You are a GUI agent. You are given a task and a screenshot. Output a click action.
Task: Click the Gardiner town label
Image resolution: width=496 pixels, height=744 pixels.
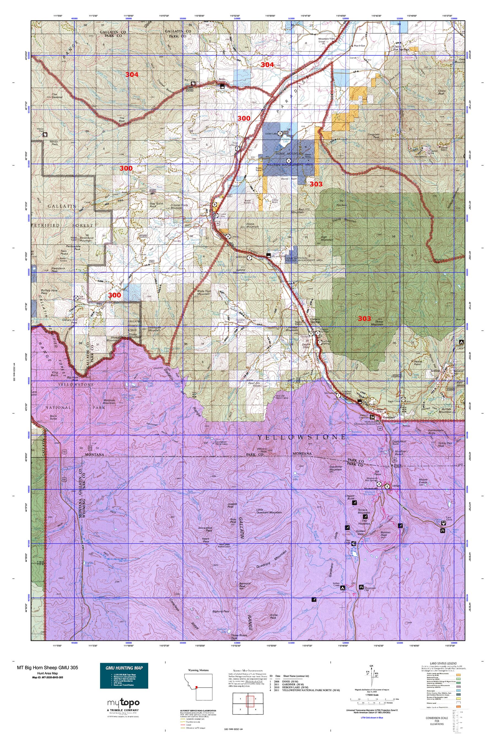tap(389, 417)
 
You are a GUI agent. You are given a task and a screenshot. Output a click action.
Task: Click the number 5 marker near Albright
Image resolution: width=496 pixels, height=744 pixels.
tap(387, 486)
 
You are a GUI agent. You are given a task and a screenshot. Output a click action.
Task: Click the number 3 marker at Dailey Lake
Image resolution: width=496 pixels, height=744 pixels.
tap(280, 133)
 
